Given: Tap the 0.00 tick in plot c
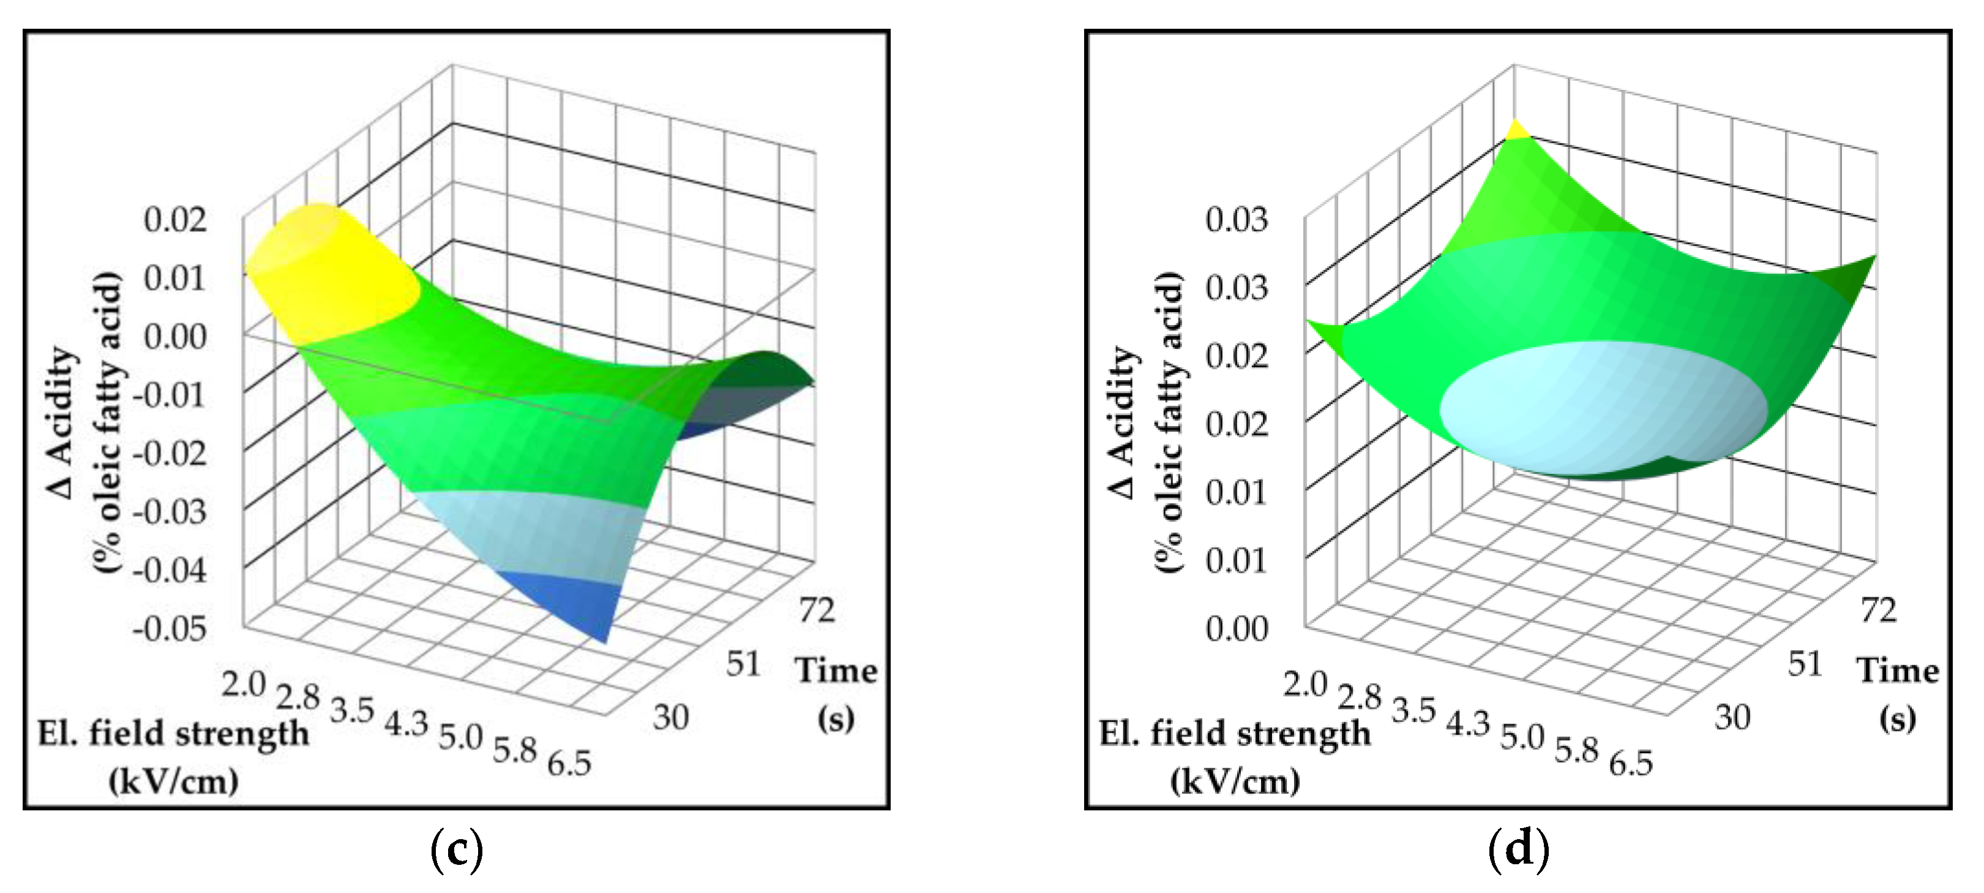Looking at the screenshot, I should pos(176,337).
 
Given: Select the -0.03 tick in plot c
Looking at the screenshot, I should pos(170,511).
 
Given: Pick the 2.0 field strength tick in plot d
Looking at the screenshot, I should pos(1305,684).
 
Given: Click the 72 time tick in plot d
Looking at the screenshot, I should pos(1879,610).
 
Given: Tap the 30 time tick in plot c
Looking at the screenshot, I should pos(670,717).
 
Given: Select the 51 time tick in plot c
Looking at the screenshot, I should pos(743,663).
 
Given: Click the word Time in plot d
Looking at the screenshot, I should pos(1898,671).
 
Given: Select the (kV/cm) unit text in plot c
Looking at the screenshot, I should pos(173,782).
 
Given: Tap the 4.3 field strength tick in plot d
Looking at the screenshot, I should pos(1467,723).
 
